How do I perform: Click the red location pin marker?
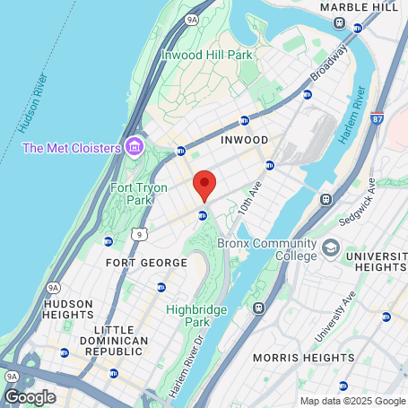click(204, 184)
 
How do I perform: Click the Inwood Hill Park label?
click(207, 55)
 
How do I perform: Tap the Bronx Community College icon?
click(331, 247)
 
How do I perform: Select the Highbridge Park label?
click(197, 316)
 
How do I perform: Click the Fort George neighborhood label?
click(146, 263)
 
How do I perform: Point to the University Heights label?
click(377, 263)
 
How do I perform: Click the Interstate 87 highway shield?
click(377, 117)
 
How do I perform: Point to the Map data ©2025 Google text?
click(352, 401)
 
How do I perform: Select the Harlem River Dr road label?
click(187, 366)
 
